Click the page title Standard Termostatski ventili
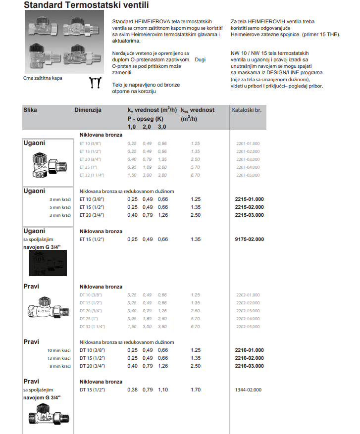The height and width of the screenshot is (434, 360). click(86, 6)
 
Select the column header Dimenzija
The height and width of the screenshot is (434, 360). click(88, 110)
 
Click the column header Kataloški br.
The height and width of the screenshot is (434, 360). click(247, 110)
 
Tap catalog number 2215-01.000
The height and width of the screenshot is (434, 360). click(249, 199)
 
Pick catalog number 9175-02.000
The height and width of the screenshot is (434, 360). click(249, 240)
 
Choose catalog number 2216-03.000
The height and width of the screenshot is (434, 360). click(249, 366)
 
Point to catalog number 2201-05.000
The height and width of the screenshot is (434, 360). click(248, 175)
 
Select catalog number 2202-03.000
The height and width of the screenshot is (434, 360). click(248, 311)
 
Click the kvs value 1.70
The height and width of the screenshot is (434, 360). click(195, 390)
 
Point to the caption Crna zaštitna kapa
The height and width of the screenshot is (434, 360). click(43, 78)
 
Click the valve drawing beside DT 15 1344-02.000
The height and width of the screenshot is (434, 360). click(48, 415)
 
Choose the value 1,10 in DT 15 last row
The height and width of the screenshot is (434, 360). click(162, 390)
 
